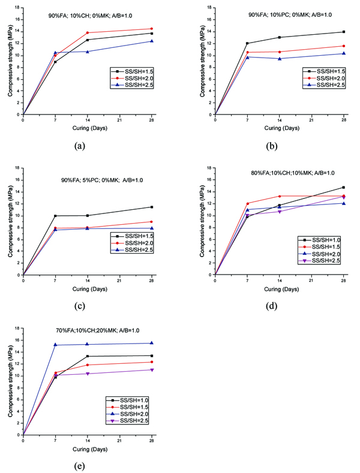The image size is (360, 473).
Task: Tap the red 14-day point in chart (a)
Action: coord(88,32)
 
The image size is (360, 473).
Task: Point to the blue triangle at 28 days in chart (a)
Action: coord(152,41)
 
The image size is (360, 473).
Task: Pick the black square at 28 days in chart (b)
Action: coord(344,32)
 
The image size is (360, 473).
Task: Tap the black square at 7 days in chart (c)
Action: coord(55,216)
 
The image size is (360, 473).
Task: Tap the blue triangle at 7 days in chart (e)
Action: coord(55,345)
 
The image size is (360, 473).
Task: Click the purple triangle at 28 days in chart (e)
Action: coord(152,369)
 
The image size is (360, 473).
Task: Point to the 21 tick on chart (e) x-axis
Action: coord(120,442)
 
